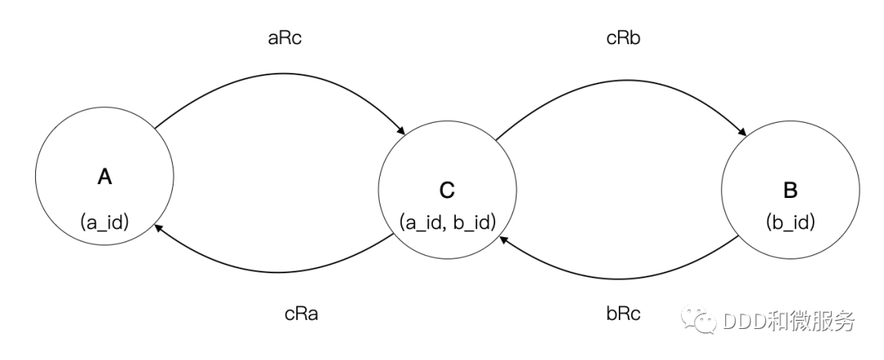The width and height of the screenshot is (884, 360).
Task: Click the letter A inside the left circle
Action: click(104, 176)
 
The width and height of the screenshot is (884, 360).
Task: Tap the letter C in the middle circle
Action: click(447, 191)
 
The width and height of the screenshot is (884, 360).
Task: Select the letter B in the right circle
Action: click(790, 191)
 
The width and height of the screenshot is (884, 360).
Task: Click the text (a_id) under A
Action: click(104, 221)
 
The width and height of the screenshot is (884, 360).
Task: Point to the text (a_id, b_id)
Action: click(447, 221)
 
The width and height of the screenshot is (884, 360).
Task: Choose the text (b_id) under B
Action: click(790, 221)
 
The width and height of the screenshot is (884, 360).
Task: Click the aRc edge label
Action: click(284, 38)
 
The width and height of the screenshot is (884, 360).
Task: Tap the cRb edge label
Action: click(623, 38)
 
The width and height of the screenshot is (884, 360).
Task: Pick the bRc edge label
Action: click(623, 313)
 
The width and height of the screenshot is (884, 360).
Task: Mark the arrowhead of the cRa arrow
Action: click(158, 230)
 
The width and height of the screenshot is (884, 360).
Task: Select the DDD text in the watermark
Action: click(744, 321)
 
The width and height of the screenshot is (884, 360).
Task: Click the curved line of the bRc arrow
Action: click(622, 269)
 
